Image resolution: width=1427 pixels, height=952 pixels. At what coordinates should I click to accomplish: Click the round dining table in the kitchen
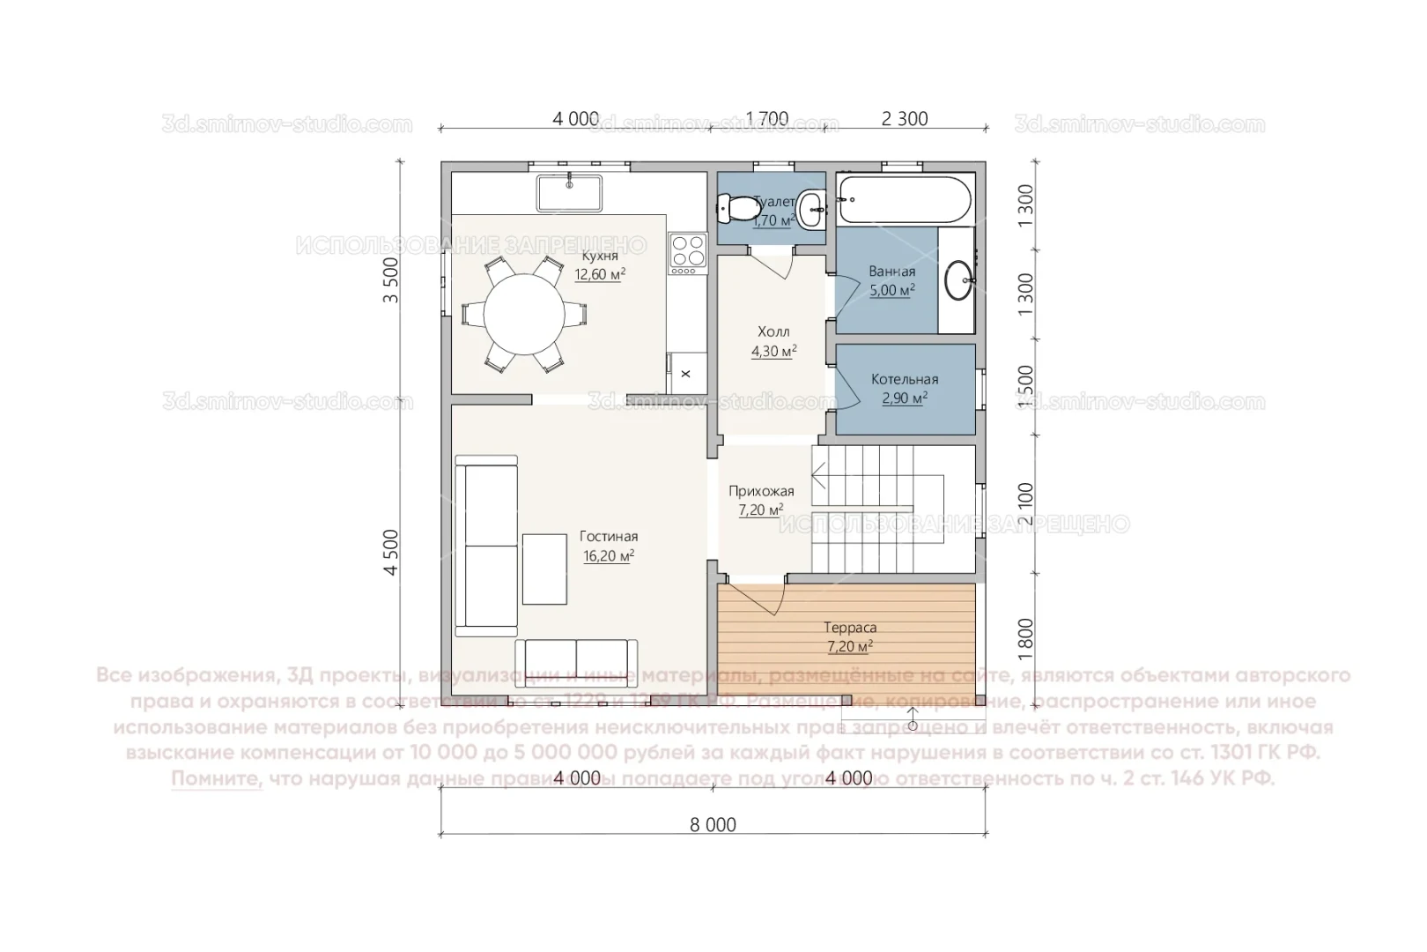pos(524,314)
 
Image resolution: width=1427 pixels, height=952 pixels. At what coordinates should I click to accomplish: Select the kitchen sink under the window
pos(569,193)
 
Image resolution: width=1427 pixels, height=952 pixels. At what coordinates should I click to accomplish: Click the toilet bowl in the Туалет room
pos(738,209)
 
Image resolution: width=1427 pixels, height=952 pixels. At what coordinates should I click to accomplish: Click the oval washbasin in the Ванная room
pos(958,280)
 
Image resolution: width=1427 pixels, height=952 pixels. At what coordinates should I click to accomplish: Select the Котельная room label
pos(905,379)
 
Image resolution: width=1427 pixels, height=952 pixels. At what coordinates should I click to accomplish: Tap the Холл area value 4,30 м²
pos(773,352)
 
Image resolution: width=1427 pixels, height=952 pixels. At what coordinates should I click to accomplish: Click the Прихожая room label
pos(761,491)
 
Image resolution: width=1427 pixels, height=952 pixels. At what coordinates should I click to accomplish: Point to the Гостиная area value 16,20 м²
pos(608,556)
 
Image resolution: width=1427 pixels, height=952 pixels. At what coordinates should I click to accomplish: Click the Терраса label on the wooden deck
pos(849,628)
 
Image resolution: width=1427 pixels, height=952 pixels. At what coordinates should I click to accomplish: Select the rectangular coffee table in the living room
pos(544,569)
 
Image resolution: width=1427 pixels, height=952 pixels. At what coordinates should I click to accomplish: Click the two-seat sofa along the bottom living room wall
pos(576,658)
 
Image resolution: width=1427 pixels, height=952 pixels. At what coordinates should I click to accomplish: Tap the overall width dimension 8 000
pos(713,825)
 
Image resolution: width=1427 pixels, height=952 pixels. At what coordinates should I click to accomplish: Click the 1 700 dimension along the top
pos(766,118)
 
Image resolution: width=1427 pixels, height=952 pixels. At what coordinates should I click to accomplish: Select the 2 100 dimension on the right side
pos(1025,504)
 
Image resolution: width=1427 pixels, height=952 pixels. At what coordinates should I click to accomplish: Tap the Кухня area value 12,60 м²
pos(600,275)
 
